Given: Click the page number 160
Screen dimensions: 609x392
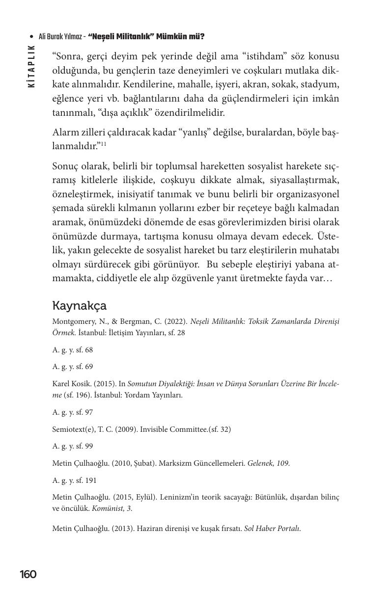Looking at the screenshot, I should [28, 574].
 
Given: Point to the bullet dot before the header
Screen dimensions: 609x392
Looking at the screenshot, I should [31, 37].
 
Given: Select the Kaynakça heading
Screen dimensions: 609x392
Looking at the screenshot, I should [79, 305].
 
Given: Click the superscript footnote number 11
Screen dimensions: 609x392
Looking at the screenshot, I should [104, 144].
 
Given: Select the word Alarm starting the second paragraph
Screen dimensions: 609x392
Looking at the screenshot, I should [66, 132].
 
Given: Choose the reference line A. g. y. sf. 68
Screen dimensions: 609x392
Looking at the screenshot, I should [72, 350].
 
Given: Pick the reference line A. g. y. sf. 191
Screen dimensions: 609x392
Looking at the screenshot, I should [74, 480].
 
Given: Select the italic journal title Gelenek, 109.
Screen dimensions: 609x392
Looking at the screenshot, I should [269, 463].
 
